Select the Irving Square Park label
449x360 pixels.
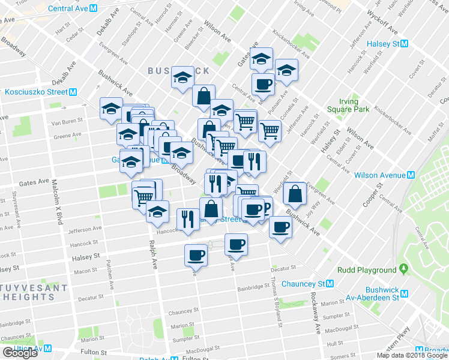click(348, 106)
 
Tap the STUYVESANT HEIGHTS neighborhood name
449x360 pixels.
click(34, 292)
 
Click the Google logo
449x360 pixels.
click(20, 353)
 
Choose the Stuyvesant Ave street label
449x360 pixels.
click(15, 208)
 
